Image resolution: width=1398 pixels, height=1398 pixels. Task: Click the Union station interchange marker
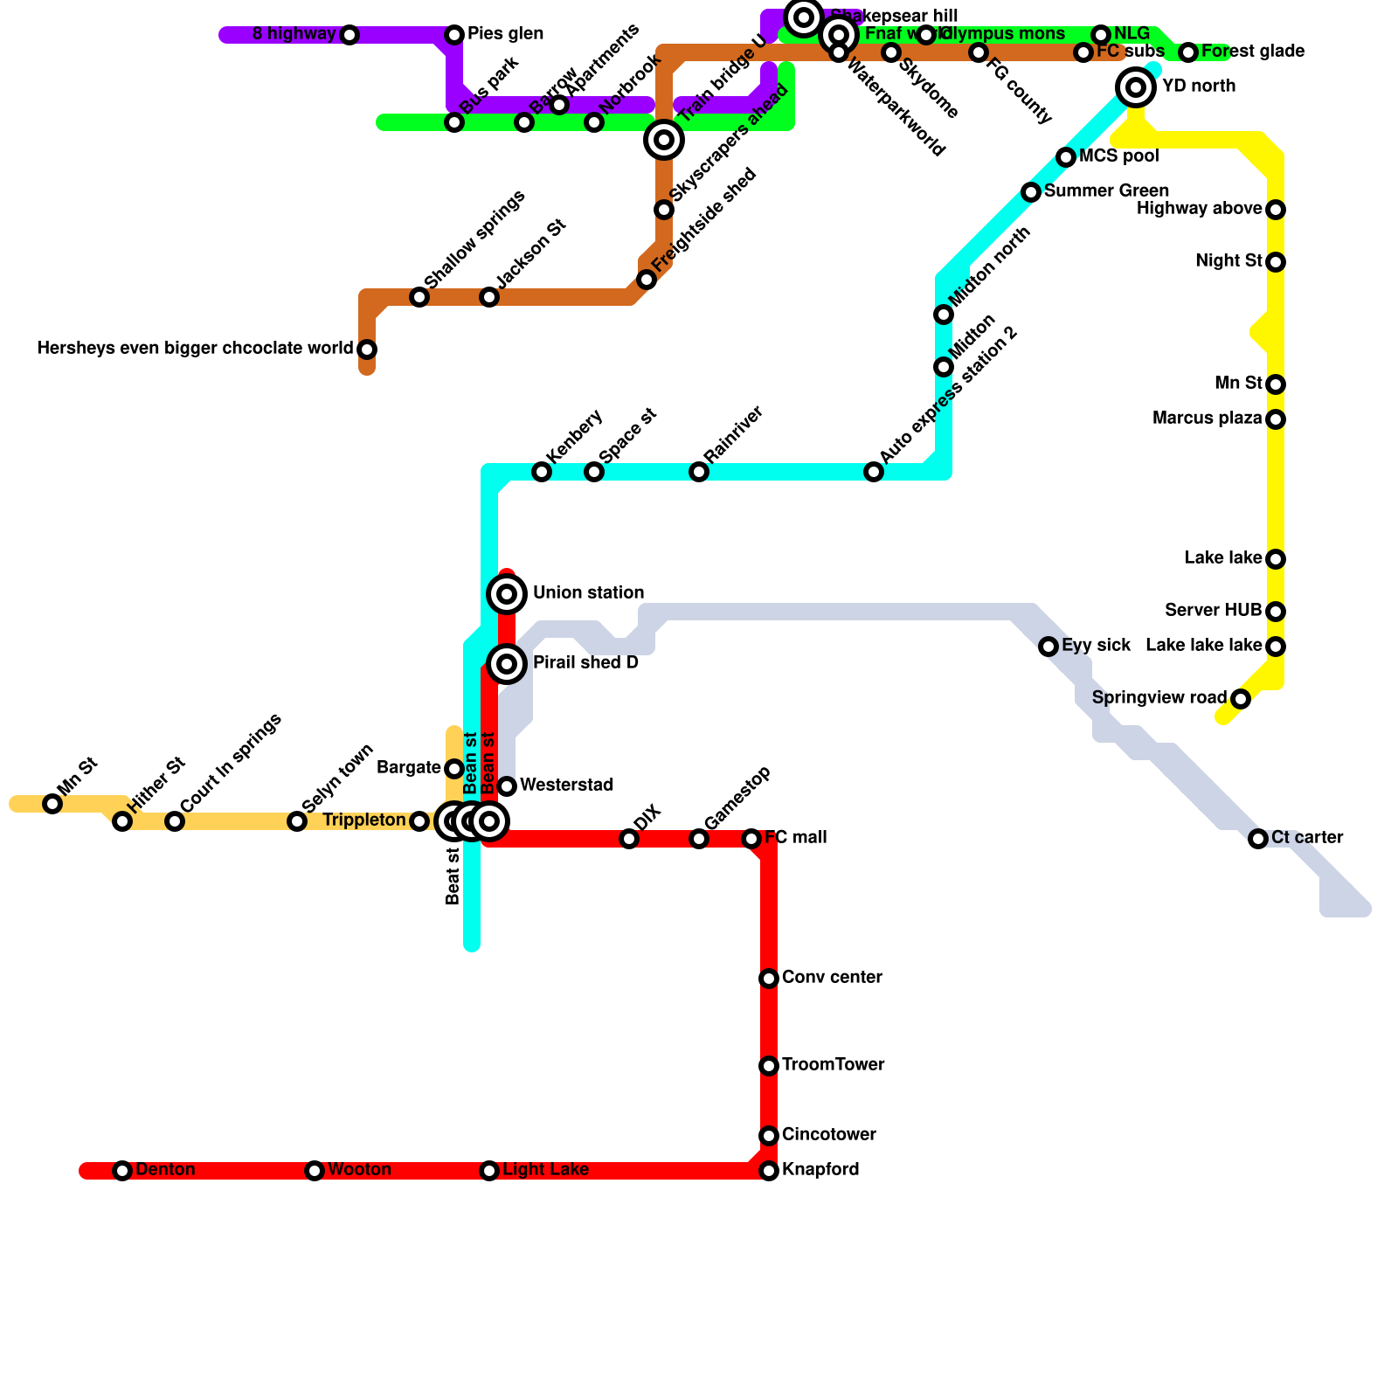pos(507,594)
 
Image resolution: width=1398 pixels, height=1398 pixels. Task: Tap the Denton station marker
pos(122,1171)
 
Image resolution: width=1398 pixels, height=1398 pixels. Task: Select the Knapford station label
pos(820,1170)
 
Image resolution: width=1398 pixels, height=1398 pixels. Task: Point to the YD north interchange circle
pos(1136,87)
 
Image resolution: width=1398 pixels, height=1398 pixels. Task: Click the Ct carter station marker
pos(1258,839)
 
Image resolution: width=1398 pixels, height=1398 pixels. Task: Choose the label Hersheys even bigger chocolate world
pos(195,349)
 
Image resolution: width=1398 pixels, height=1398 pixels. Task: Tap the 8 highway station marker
pos(349,35)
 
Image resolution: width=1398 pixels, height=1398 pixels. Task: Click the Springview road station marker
pos(1241,699)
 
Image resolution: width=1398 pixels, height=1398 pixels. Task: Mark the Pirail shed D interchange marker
pos(507,664)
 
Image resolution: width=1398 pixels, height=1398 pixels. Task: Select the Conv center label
pos(832,978)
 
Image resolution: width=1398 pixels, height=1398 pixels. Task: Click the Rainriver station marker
pos(699,472)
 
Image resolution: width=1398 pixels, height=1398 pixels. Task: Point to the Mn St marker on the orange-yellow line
pos(52,804)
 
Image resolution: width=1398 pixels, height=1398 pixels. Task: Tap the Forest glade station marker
pos(1188,52)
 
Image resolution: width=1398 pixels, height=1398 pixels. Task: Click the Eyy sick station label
pos(1097,646)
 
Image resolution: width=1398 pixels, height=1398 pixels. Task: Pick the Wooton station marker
pos(315,1171)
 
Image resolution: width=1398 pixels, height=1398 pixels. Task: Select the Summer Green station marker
pos(1031,192)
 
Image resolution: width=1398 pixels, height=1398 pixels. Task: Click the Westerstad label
pos(566,786)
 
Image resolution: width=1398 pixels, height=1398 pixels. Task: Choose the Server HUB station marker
pos(1276,612)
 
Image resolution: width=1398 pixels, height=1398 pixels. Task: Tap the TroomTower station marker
pos(769,1066)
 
